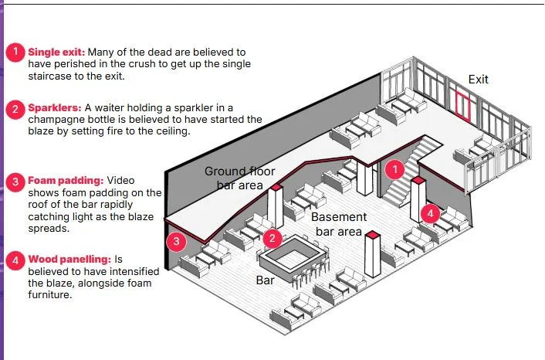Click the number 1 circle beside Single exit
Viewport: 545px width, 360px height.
tap(15, 53)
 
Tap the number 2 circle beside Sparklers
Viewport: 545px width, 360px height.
tap(15, 110)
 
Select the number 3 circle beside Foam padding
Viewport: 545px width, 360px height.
tap(15, 182)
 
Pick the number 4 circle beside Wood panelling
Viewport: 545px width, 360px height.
tap(15, 261)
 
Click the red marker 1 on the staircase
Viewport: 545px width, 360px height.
tap(394, 170)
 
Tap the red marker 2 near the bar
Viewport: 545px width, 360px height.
tap(272, 239)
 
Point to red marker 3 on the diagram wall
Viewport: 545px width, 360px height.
tap(176, 241)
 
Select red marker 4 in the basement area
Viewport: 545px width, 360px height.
tap(430, 213)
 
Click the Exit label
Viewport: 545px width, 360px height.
tap(479, 80)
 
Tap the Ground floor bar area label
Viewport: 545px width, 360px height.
tap(240, 178)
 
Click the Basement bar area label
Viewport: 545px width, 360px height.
tap(339, 224)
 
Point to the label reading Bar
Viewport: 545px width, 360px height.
tap(266, 280)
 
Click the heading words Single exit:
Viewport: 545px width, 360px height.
tap(56, 53)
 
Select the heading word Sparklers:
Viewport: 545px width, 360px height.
tap(55, 108)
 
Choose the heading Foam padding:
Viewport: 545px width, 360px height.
tap(66, 181)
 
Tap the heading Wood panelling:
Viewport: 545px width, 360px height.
tap(70, 260)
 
